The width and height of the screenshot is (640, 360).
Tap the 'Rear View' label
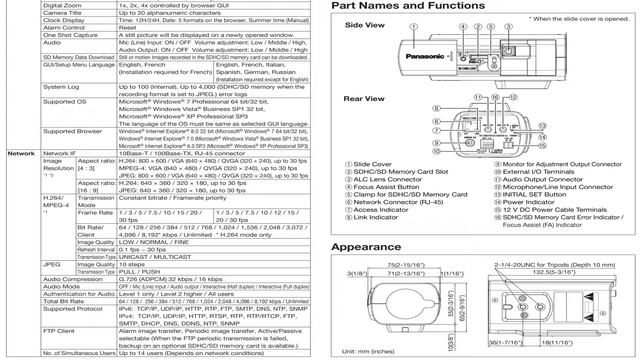point(366,99)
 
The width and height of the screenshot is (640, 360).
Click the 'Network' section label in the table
point(21,153)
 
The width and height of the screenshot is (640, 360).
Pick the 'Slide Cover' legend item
point(374,164)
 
